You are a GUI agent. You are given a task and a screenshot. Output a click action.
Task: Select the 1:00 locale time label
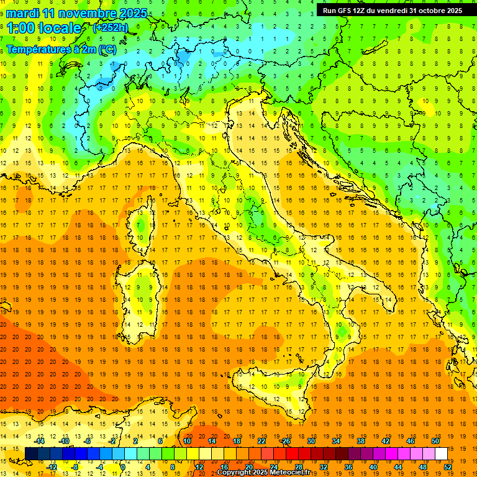[43, 28]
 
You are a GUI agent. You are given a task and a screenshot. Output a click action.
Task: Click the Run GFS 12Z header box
[392, 11]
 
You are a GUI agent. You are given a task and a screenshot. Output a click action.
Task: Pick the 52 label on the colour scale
[448, 467]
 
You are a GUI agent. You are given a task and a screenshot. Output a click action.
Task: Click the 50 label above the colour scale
[435, 440]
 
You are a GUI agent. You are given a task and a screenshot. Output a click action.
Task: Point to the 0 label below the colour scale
[123, 467]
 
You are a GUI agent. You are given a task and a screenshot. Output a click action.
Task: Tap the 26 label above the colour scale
[286, 440]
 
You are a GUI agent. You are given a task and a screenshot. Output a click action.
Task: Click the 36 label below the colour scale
[348, 467]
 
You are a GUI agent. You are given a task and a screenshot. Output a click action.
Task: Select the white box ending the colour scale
[442, 453]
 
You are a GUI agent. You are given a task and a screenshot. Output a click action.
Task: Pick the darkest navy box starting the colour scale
[32, 453]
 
